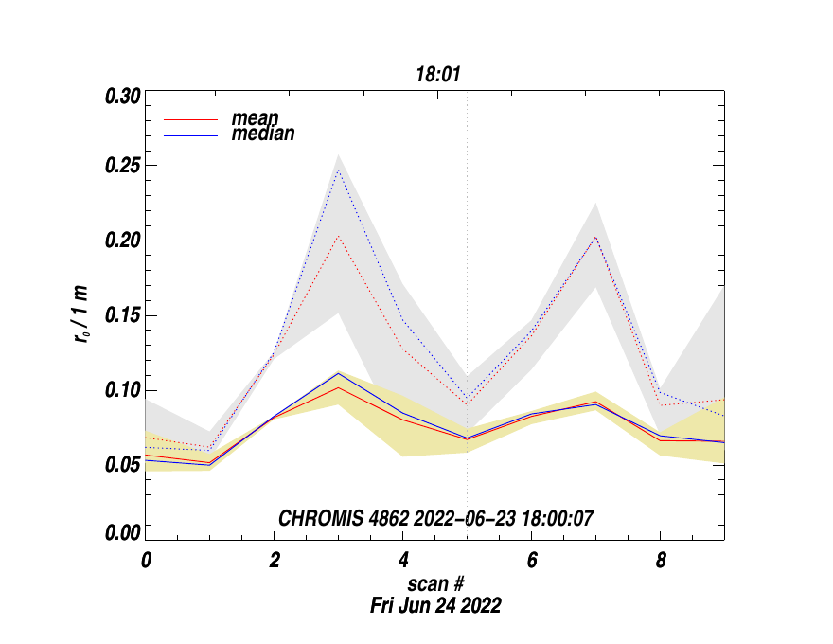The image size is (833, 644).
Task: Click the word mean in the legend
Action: coord(255,118)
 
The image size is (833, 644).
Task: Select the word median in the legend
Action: coord(262,134)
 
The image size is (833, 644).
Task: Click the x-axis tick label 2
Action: coord(275,560)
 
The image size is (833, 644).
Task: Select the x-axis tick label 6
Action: coord(532,560)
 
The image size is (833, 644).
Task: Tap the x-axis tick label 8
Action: coord(661,560)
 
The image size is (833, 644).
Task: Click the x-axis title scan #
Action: coord(435,582)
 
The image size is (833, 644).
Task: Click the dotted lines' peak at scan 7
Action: coord(595,238)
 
